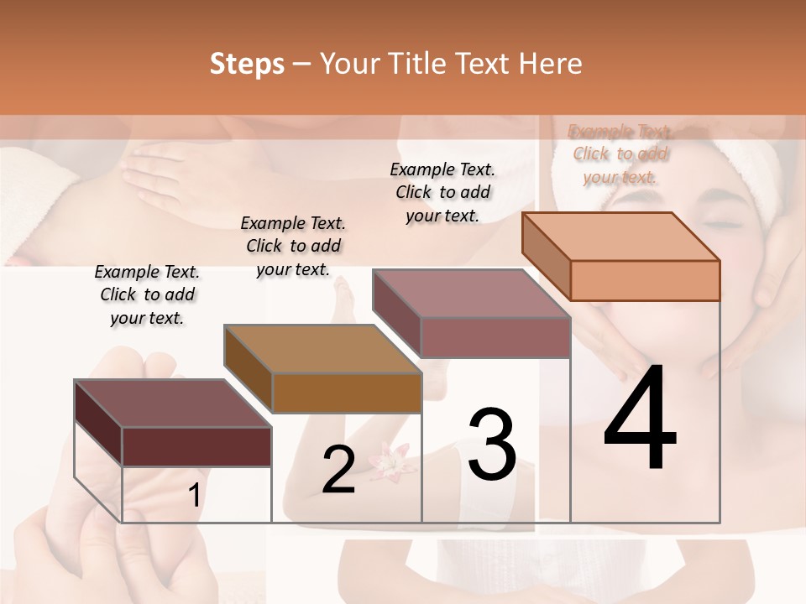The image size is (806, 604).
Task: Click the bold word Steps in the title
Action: tap(247, 64)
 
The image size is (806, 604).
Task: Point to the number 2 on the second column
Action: tap(338, 470)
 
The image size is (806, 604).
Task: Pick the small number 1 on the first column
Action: tap(194, 496)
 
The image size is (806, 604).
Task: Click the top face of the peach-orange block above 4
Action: tap(621, 237)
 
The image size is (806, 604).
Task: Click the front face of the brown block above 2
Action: tap(347, 393)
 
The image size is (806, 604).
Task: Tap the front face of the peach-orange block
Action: tap(645, 280)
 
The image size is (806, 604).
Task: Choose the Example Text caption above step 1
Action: tap(147, 294)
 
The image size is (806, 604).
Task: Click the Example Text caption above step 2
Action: tap(293, 246)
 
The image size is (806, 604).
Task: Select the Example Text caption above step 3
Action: tap(442, 191)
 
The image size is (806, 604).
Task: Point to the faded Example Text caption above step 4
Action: tap(620, 154)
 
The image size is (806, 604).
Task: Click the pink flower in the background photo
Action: tap(390, 461)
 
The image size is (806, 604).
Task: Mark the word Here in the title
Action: tap(550, 64)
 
